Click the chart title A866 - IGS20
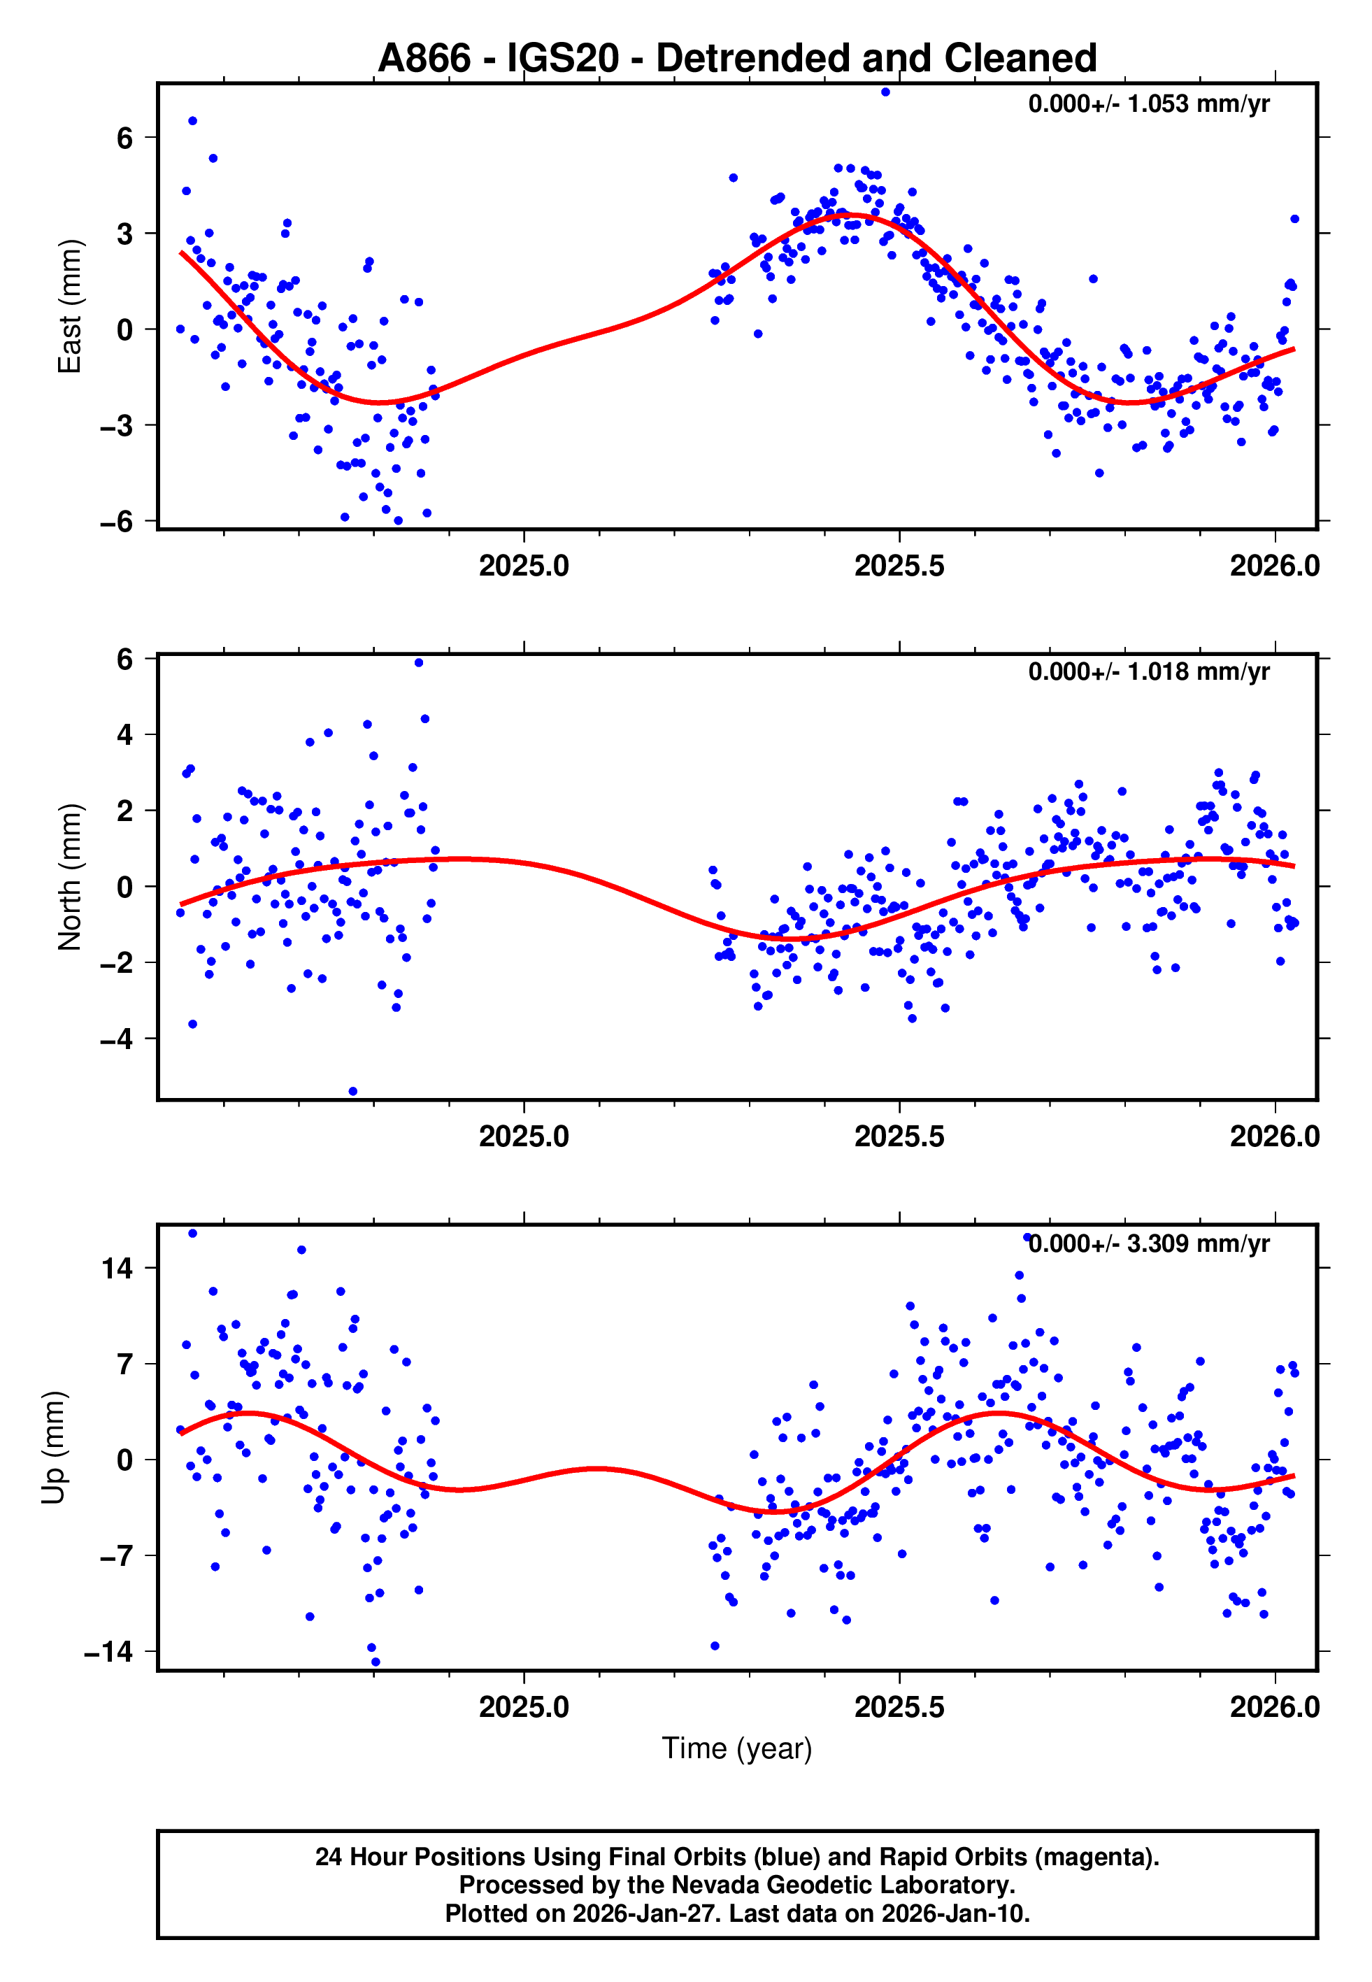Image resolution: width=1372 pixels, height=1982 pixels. pos(737,59)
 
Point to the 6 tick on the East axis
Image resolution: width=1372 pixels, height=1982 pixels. pos(124,138)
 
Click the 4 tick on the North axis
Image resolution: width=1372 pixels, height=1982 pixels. pos(124,735)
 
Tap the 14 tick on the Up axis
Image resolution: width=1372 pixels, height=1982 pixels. pos(117,1268)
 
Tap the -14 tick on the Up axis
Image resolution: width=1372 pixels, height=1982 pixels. pos(108,1652)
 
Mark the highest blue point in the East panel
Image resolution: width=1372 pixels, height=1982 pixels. pos(885,92)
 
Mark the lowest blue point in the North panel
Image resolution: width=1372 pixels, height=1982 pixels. pos(352,1092)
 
